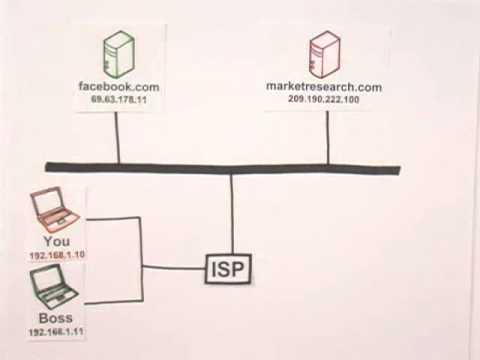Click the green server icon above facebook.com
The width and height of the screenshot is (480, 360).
pyautogui.click(x=119, y=54)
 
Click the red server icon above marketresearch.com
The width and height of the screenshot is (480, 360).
pyautogui.click(x=325, y=54)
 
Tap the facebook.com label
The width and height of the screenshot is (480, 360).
pyautogui.click(x=119, y=87)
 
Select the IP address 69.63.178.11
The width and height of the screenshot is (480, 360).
pyautogui.click(x=119, y=100)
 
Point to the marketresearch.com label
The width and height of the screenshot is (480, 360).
pyautogui.click(x=324, y=87)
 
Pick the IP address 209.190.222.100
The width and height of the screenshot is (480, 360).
pyautogui.click(x=324, y=100)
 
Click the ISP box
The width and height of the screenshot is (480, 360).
pyautogui.click(x=229, y=268)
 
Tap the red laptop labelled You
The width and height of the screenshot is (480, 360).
pyautogui.click(x=54, y=211)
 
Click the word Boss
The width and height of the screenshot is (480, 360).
pyautogui.click(x=56, y=318)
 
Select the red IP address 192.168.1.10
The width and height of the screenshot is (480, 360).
pyautogui.click(x=57, y=255)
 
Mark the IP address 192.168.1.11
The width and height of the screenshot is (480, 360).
pyautogui.click(x=56, y=331)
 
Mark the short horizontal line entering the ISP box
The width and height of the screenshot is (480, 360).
pyautogui.click(x=174, y=267)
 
